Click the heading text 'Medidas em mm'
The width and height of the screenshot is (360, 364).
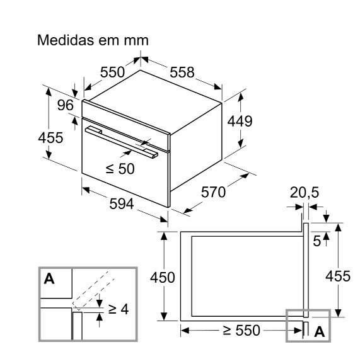tap(93, 40)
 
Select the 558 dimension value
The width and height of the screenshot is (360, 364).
tap(182, 72)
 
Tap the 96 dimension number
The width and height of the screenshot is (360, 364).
tap(66, 105)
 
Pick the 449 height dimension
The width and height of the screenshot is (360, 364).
tap(240, 121)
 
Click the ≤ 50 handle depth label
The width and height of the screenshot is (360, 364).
tap(120, 169)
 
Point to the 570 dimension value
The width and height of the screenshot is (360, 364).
tap(213, 192)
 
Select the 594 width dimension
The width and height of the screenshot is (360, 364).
tap(122, 204)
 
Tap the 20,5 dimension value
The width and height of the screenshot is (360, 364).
tap(305, 193)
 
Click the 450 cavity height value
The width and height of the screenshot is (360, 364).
tap(162, 277)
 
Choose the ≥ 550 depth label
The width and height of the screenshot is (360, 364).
tap(241, 330)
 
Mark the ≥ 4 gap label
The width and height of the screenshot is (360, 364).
tap(119, 309)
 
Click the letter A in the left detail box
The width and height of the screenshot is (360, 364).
tap(49, 278)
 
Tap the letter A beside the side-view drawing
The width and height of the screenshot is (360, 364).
tap(319, 331)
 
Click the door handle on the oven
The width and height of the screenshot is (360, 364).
tap(122, 142)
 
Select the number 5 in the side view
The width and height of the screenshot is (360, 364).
tap(316, 241)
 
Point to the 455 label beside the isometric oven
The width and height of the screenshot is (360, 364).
tap(50, 137)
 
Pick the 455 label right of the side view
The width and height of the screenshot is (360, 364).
tap(338, 276)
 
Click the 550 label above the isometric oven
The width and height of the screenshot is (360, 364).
tap(112, 72)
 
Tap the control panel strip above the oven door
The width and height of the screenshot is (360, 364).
tap(125, 125)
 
